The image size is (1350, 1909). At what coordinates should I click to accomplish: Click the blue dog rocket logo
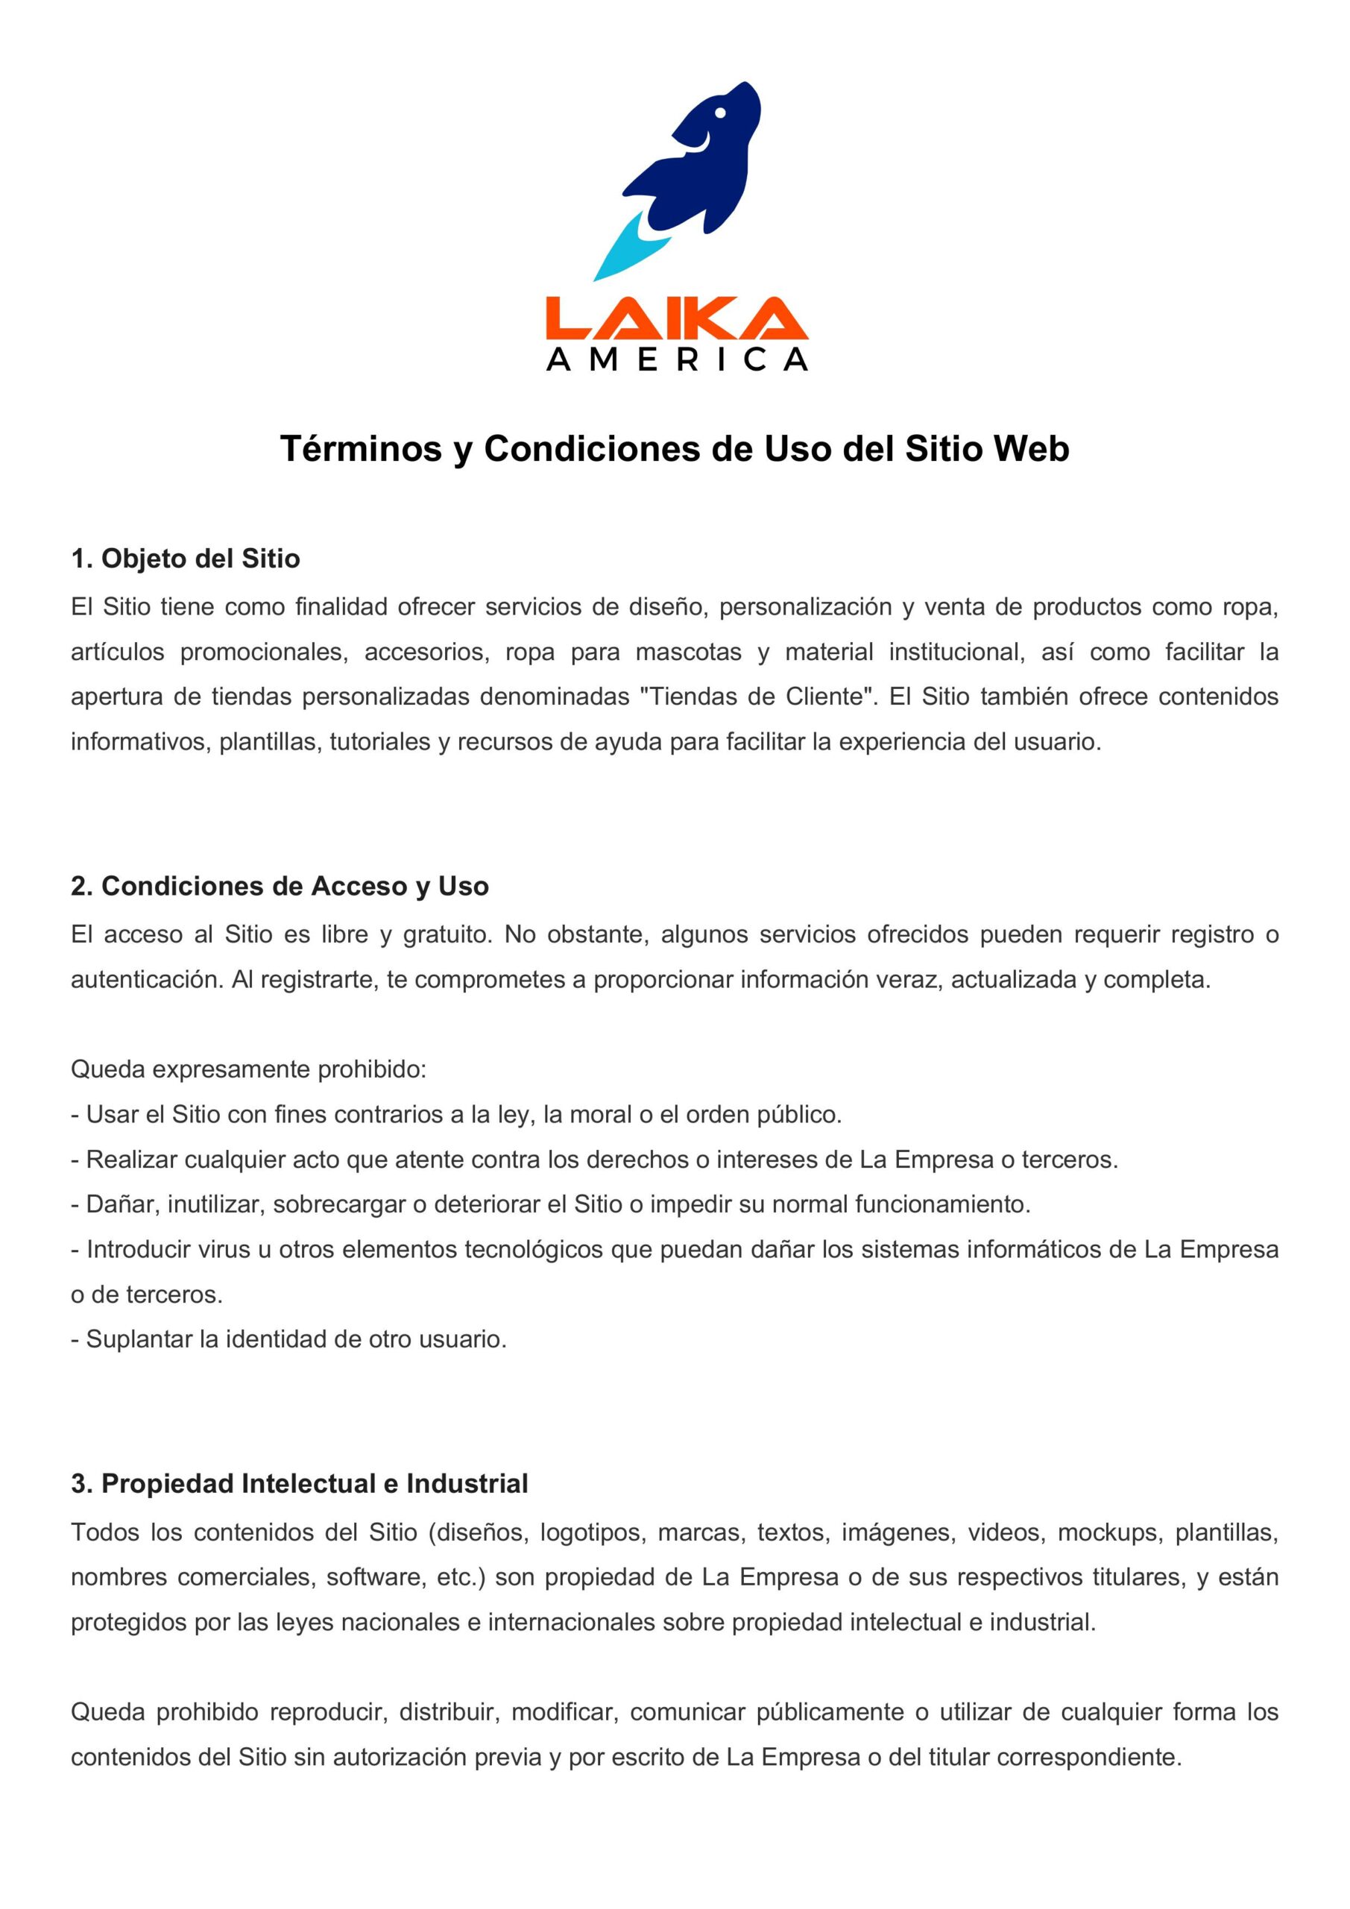[x=698, y=162]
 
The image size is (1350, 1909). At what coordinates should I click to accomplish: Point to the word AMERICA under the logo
[x=676, y=359]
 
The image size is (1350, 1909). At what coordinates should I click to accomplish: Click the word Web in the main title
[x=1031, y=449]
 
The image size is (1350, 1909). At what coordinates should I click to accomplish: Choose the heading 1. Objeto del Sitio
[x=186, y=559]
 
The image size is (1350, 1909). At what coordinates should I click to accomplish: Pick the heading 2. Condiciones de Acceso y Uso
[x=280, y=887]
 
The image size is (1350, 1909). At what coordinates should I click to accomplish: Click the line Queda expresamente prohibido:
[x=247, y=1069]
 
